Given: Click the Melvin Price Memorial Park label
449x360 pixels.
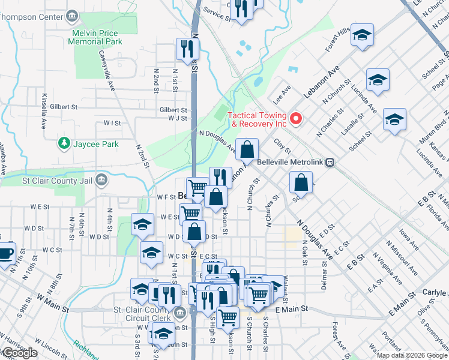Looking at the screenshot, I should point(95,37).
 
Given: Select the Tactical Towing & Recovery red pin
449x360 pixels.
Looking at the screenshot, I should point(295,119).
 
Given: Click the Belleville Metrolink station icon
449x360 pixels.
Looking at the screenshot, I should point(330,162).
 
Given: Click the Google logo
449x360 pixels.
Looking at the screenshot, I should point(19,353).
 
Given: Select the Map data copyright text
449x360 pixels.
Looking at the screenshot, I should point(412,355).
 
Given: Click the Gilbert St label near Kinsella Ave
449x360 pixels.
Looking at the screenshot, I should point(65,107).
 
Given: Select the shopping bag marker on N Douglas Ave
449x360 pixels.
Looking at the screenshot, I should point(247,149).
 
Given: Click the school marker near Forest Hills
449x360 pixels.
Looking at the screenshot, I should point(362,35).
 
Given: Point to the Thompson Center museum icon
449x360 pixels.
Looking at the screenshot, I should point(73,14).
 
